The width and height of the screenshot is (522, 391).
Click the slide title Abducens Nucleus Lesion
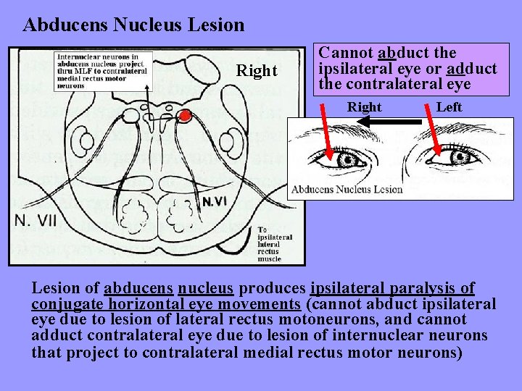tap(133, 25)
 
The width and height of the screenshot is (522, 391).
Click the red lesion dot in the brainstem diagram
tap(186, 115)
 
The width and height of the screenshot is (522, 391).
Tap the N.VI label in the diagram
tap(215, 201)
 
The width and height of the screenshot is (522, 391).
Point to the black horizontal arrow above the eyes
tap(391, 122)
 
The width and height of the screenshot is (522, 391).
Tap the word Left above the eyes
tap(449, 107)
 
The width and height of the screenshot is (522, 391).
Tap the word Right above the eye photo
tap(364, 107)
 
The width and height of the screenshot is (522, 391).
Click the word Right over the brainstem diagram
tap(257, 71)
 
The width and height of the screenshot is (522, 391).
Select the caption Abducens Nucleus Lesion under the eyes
tap(347, 190)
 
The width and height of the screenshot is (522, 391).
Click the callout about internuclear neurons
tap(101, 70)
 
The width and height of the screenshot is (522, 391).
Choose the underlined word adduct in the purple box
tap(472, 69)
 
